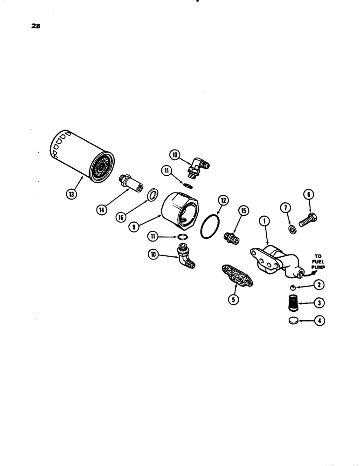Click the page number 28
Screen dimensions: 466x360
coord(36,27)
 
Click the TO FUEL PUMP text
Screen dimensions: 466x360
coord(318,262)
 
